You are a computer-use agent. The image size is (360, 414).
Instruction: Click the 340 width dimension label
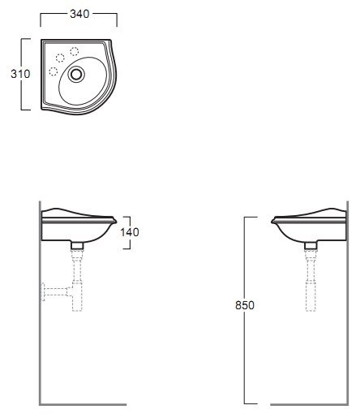click(79, 14)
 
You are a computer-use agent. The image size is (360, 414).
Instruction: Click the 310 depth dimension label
click(20, 74)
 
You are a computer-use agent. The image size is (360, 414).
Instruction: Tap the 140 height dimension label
click(130, 232)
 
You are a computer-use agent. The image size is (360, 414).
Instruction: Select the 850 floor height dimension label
click(245, 305)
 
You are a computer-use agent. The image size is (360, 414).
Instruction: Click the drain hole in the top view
click(76, 74)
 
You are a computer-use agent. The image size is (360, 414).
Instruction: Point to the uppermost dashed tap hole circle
click(75, 51)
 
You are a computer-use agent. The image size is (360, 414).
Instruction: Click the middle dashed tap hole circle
click(60, 58)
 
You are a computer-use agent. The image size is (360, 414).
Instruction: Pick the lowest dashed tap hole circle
click(54, 71)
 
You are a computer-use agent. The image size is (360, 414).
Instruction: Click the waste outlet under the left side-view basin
click(77, 245)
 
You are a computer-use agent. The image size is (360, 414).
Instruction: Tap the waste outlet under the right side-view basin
click(311, 245)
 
